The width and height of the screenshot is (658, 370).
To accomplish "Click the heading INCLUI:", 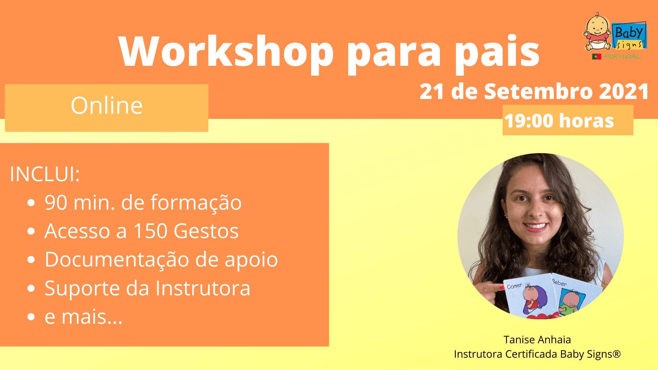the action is point(45,174).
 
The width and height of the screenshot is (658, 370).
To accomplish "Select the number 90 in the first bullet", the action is point(56,202).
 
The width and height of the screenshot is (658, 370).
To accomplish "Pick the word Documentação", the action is point(117,260).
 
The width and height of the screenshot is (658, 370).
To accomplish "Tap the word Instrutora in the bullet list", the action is point(203,288).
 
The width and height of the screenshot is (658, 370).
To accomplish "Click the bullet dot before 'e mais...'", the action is point(31,317).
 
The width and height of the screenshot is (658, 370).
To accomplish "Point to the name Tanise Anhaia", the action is point(537,340).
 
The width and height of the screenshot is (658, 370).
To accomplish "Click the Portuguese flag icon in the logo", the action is point(597,57).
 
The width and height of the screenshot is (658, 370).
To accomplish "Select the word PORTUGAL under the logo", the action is point(622,57).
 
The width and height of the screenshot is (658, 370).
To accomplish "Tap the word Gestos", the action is point(206,231).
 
